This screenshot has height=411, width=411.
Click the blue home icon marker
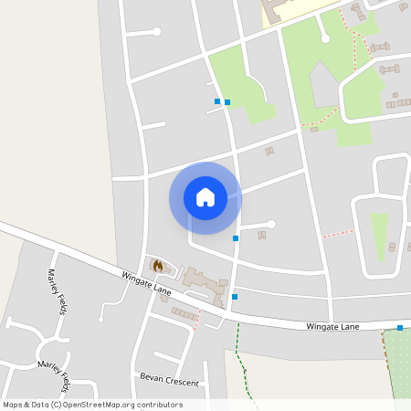coord(205,197)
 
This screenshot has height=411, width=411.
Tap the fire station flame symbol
coord(158,266)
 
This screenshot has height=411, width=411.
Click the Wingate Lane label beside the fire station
coord(146,282)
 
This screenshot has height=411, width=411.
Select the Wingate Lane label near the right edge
coord(332,326)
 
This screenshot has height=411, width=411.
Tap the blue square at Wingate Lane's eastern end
coord(400,327)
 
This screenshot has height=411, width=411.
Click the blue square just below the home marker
coord(236,238)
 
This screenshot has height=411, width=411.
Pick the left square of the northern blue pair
coord(216,100)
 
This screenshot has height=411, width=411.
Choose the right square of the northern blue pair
coord(227,102)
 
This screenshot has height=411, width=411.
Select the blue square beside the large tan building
coord(235,297)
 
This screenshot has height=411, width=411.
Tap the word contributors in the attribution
coord(160,405)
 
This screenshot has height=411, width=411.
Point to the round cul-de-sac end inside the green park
coord(323,37)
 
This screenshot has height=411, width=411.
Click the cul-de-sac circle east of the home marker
coord(270,224)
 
